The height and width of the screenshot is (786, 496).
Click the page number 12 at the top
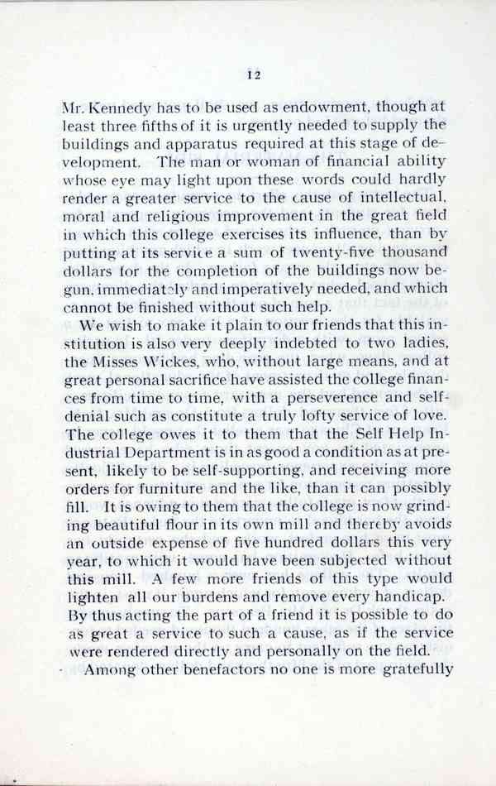coord(254,76)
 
